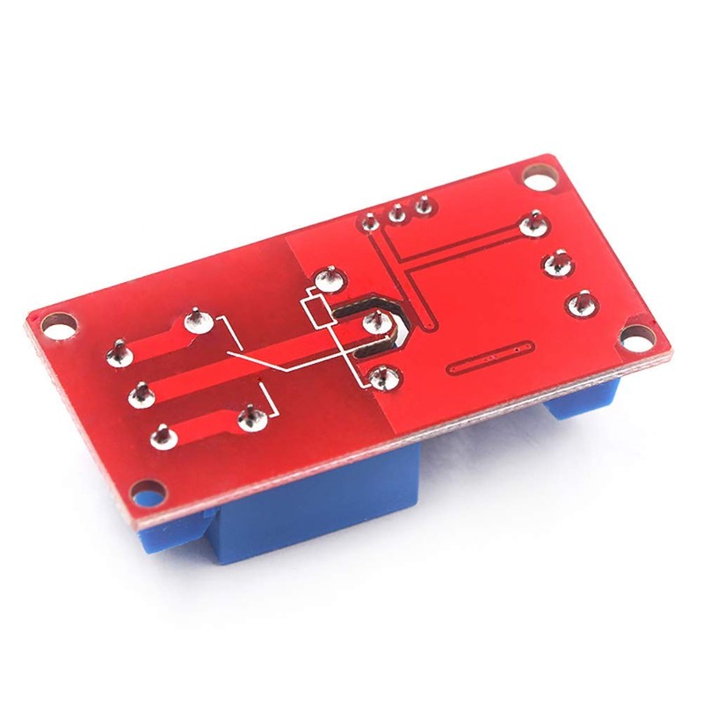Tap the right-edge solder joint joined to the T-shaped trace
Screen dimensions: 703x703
[x=530, y=225]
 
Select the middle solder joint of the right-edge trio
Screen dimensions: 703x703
[x=555, y=263]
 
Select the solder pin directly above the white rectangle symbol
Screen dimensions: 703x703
[x=330, y=279]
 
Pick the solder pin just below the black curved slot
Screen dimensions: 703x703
[x=380, y=378]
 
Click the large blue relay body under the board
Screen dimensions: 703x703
[x=290, y=527]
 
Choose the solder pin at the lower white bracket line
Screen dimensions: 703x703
[x=250, y=418]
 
